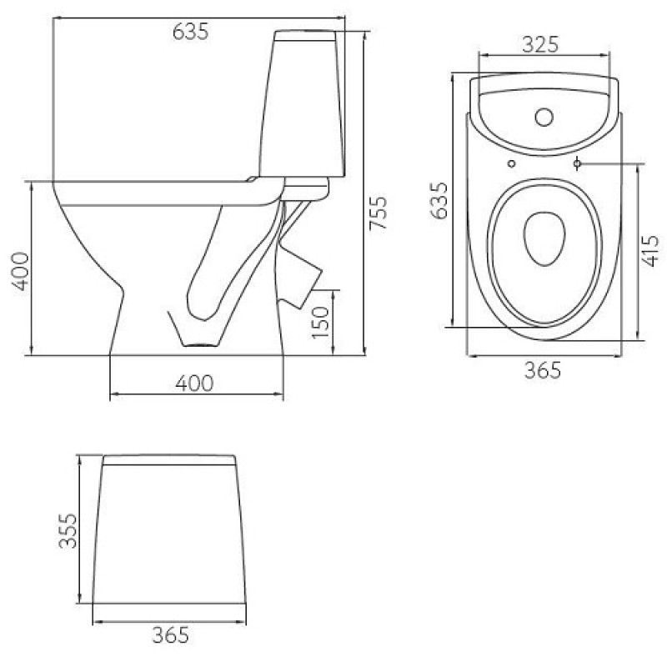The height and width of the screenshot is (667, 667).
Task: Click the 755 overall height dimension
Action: [x=378, y=213]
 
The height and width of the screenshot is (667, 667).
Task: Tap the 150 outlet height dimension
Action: [x=321, y=323]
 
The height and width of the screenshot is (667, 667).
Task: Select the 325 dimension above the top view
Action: [x=540, y=44]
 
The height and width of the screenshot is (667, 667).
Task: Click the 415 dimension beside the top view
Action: [x=649, y=251]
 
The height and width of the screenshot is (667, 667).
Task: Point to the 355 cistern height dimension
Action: [x=68, y=531]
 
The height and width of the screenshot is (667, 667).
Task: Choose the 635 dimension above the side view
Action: [x=191, y=32]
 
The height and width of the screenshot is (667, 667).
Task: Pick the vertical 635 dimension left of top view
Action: [x=439, y=200]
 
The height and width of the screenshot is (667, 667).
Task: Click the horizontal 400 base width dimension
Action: [x=194, y=384]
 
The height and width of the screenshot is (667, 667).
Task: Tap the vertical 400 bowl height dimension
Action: [x=20, y=271]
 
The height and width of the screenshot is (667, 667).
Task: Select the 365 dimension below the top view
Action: [x=543, y=370]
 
